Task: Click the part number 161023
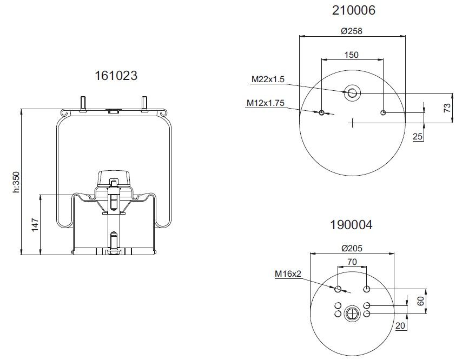116,76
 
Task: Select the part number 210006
354,10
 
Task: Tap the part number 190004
351,225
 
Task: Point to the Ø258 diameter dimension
352,31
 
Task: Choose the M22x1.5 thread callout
268,79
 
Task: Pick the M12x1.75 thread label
265,103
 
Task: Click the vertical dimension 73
447,108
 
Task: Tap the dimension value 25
418,137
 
